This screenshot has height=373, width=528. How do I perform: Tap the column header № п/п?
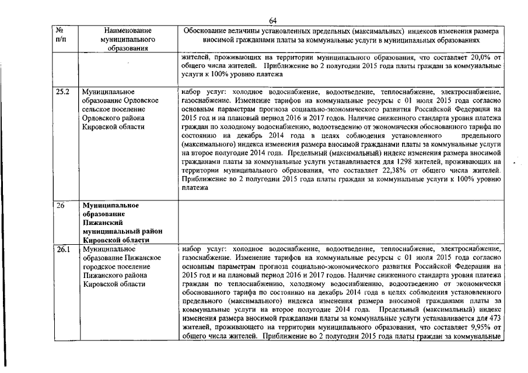click(61, 34)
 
